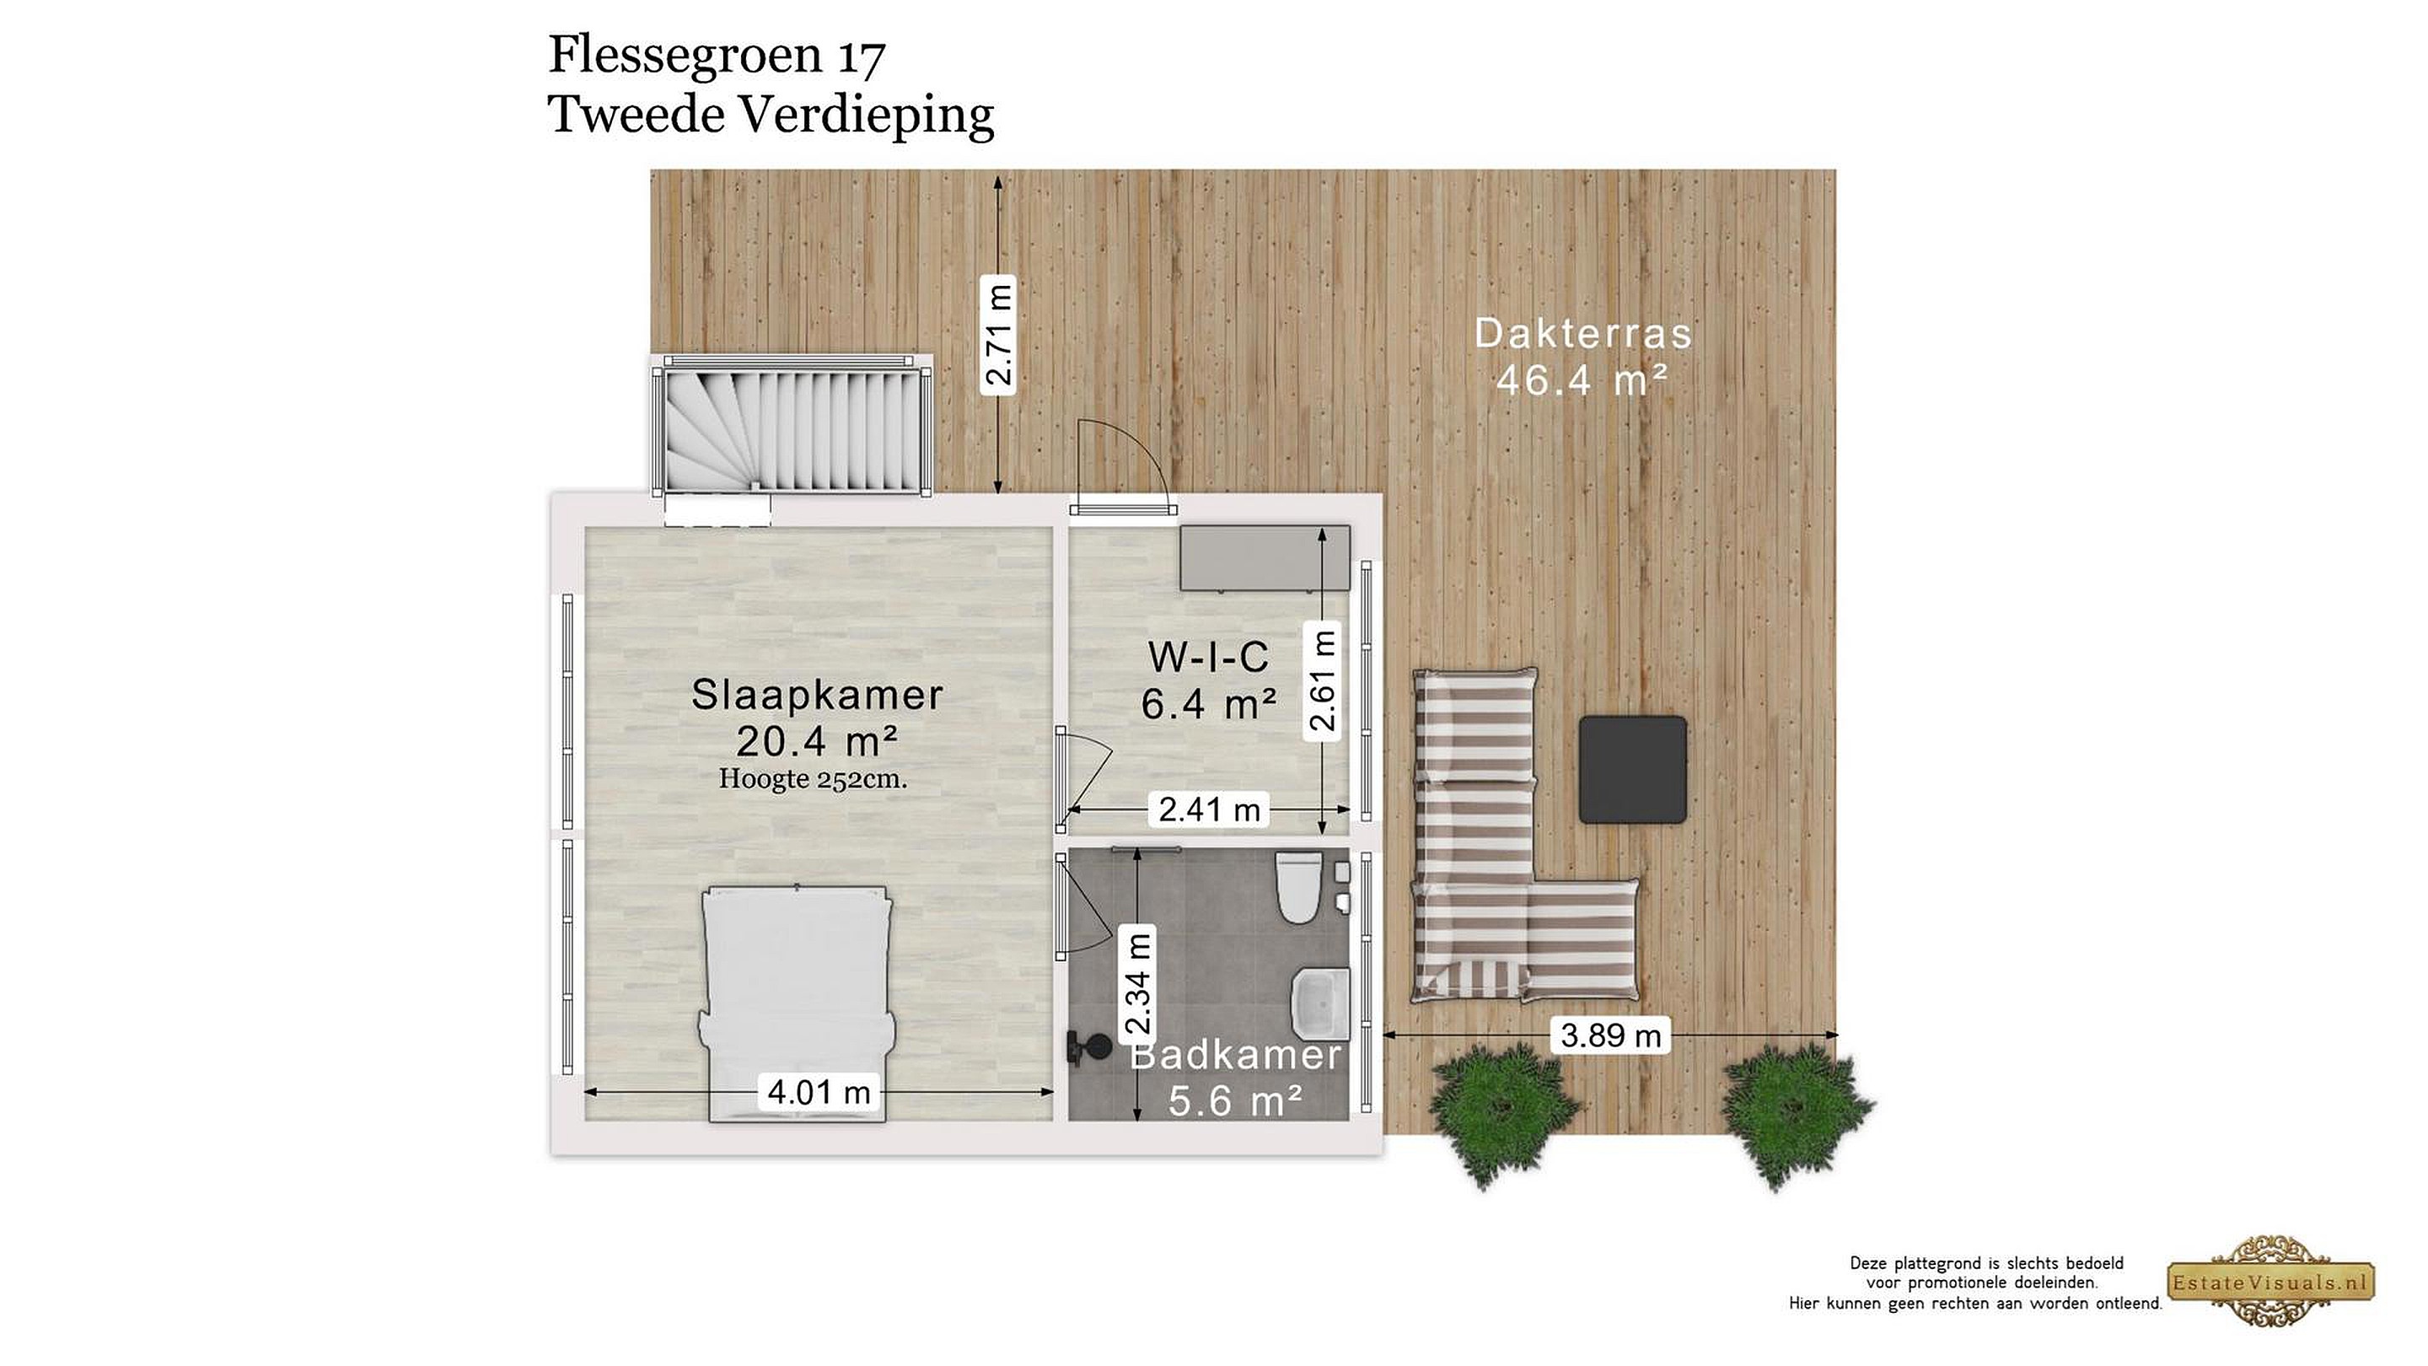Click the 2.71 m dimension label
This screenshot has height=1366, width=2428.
(x=998, y=335)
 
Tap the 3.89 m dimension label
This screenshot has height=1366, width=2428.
(x=1610, y=1035)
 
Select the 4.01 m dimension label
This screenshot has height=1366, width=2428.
(x=818, y=1092)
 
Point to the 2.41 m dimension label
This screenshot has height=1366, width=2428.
(x=1209, y=809)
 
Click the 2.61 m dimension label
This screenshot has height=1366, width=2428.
(x=1323, y=680)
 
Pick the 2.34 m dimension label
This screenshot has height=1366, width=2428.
(x=1139, y=983)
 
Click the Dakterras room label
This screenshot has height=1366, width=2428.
(x=1582, y=333)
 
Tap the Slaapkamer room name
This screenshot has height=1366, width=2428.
(x=817, y=695)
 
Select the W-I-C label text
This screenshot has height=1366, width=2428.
(x=1208, y=656)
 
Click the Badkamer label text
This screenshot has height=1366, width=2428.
(x=1236, y=1055)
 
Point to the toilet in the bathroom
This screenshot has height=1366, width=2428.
(x=1299, y=888)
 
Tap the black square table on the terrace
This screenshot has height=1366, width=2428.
(x=1632, y=769)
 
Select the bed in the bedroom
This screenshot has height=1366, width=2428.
(x=797, y=1003)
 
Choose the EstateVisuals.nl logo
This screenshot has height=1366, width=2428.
(x=2270, y=1282)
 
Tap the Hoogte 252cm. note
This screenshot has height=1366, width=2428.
(x=813, y=778)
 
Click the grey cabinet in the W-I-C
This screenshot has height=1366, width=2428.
(x=1265, y=559)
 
